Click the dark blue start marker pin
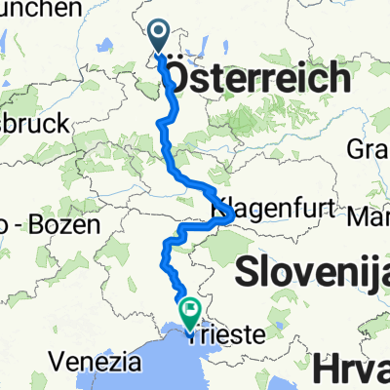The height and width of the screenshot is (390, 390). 161,36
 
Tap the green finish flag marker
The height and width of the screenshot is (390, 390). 187,309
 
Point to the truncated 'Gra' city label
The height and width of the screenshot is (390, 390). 368,149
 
